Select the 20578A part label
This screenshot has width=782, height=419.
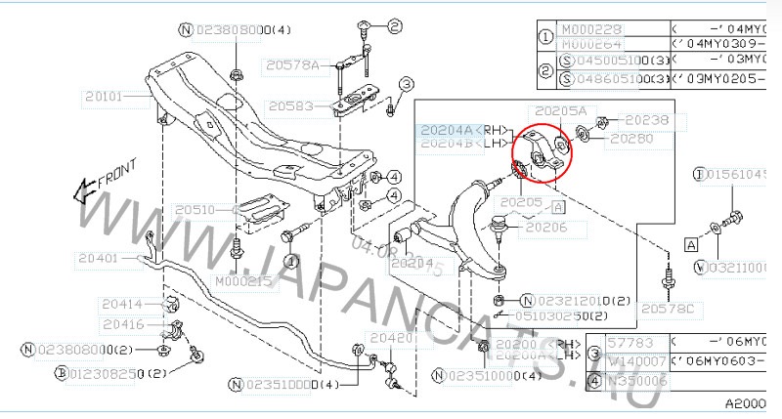(291, 65)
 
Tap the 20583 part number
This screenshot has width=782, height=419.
(290, 105)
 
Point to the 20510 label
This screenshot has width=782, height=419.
(196, 209)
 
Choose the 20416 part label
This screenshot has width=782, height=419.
(121, 323)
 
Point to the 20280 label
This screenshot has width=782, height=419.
(632, 139)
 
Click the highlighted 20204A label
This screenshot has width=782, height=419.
(446, 129)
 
